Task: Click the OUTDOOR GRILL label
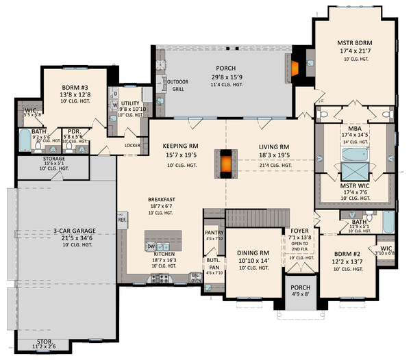pyautogui.click(x=177, y=84)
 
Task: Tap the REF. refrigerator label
pyautogui.click(x=122, y=220)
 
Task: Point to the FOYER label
pyautogui.click(x=300, y=231)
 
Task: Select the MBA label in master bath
pyautogui.click(x=354, y=127)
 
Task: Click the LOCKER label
pyautogui.click(x=133, y=145)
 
